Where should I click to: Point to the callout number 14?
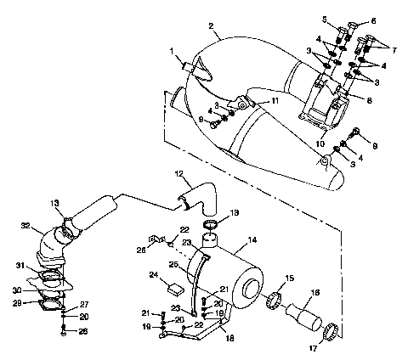coord(252,241)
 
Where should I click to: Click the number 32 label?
coord(25,226)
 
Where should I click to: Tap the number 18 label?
coord(228,338)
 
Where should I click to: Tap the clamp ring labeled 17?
coord(334,329)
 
